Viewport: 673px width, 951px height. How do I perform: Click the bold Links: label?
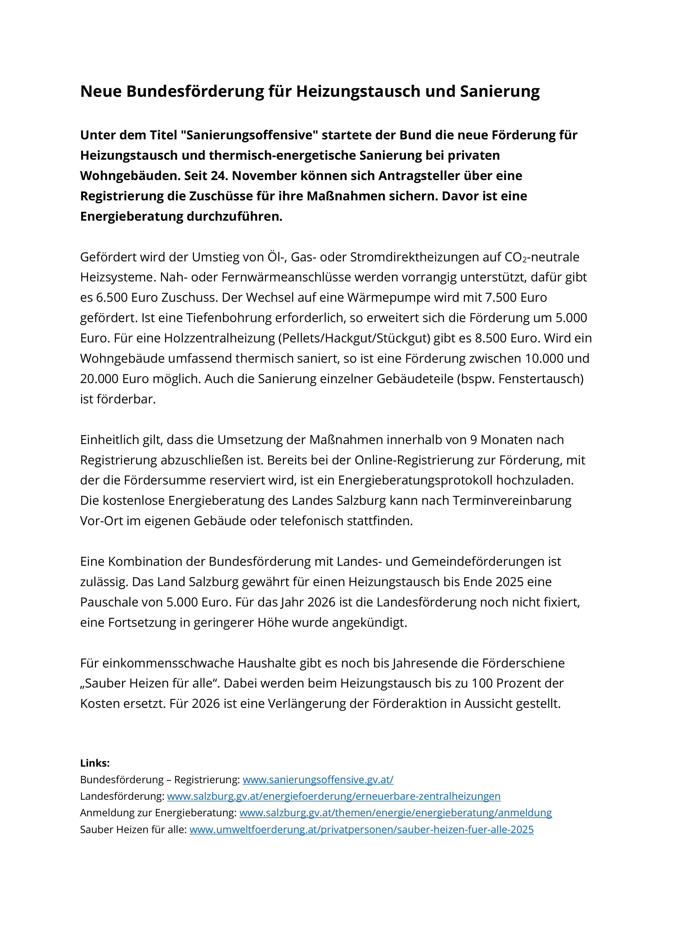coord(95,763)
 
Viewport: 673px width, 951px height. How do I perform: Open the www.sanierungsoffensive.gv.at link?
coord(318,779)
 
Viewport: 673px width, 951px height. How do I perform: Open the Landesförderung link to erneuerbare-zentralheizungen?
coord(334,796)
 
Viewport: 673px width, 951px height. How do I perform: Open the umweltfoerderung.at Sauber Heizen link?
coord(361,830)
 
